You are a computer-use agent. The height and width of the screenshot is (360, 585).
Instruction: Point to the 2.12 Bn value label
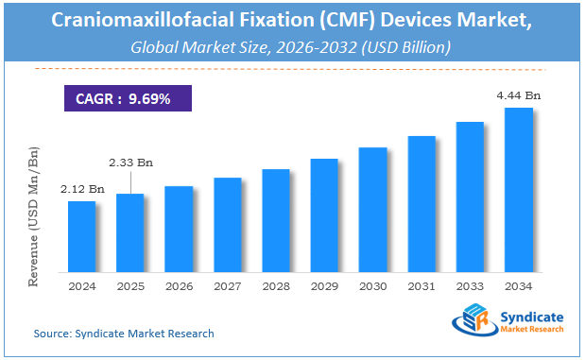click(x=81, y=187)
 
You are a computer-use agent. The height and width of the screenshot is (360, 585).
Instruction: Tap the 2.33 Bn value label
click(x=129, y=162)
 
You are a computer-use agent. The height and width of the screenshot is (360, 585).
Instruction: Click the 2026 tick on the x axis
click(x=179, y=285)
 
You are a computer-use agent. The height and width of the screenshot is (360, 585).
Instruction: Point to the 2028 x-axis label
click(x=276, y=285)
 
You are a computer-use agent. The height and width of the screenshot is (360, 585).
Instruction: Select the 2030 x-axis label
click(x=372, y=285)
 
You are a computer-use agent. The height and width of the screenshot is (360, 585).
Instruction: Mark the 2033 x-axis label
click(x=470, y=285)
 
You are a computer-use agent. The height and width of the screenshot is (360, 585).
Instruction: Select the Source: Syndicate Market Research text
click(x=124, y=334)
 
